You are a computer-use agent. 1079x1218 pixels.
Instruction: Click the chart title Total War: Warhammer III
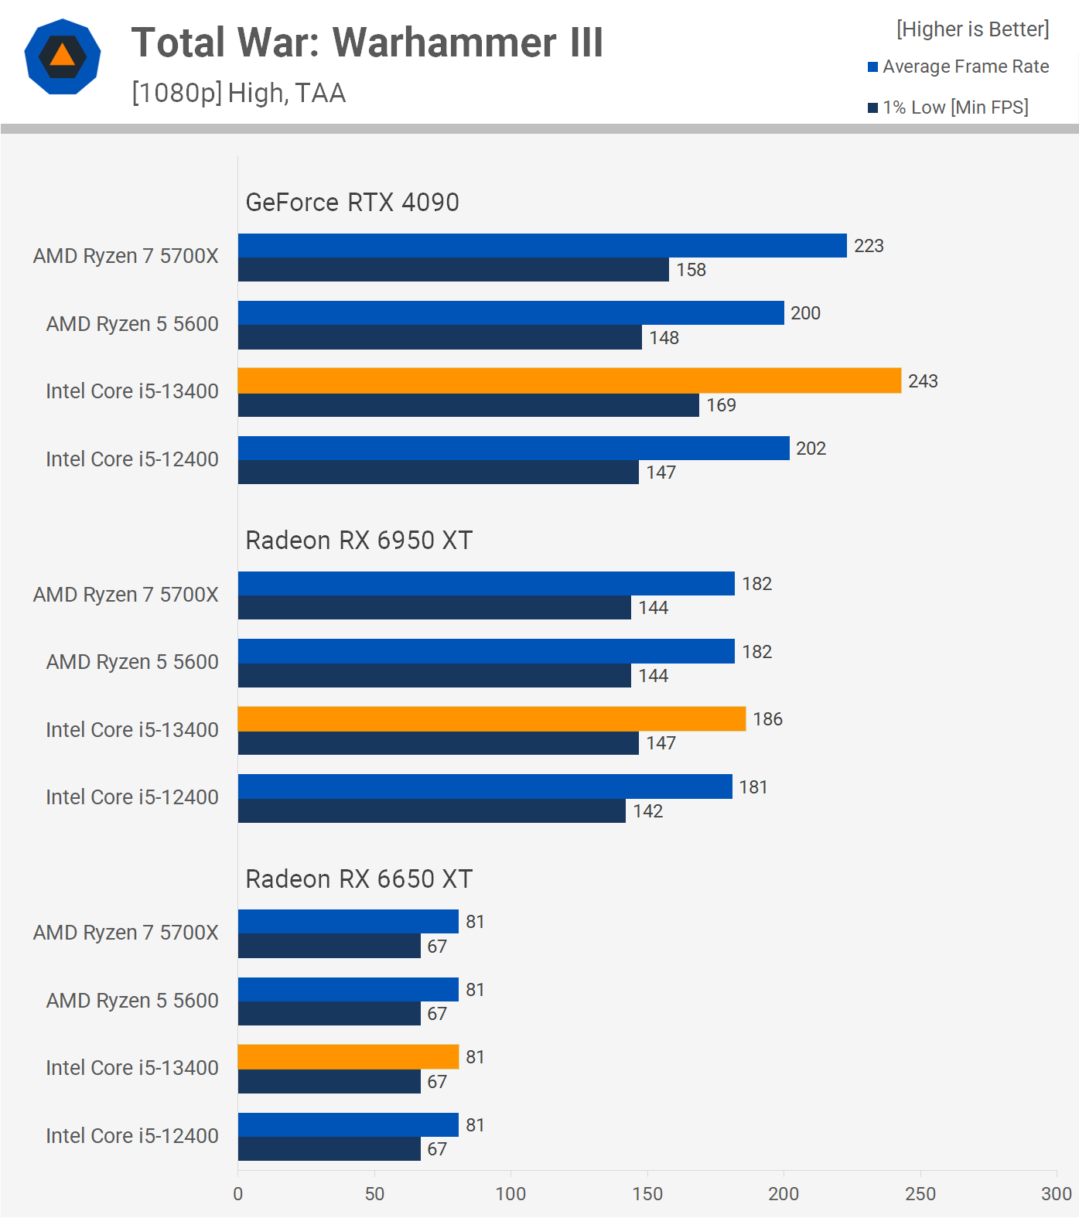[367, 43]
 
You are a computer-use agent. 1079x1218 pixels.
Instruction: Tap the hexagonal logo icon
[63, 56]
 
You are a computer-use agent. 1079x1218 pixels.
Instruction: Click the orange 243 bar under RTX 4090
[569, 380]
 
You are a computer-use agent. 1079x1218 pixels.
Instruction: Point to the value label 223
[869, 246]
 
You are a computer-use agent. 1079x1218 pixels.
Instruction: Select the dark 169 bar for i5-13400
[468, 405]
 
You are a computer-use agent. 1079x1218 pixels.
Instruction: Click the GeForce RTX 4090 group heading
[352, 203]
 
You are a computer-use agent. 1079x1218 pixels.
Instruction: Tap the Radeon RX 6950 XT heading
[359, 541]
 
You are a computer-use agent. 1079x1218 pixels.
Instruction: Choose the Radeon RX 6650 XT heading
[359, 879]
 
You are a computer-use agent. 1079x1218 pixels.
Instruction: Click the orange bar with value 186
[491, 719]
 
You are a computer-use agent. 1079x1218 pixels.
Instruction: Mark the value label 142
[648, 811]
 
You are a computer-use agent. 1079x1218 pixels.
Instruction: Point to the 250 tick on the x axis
[920, 1194]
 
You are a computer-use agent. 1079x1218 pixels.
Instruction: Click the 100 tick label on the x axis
[510, 1194]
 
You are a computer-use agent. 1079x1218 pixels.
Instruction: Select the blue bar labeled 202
[514, 449]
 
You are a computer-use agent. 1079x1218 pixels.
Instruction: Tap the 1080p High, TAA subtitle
[238, 93]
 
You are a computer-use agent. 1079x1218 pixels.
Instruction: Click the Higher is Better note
[972, 29]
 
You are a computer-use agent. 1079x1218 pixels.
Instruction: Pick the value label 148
[664, 338]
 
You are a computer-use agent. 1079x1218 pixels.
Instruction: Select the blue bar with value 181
[485, 786]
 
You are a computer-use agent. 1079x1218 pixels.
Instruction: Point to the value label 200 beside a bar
[805, 313]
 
